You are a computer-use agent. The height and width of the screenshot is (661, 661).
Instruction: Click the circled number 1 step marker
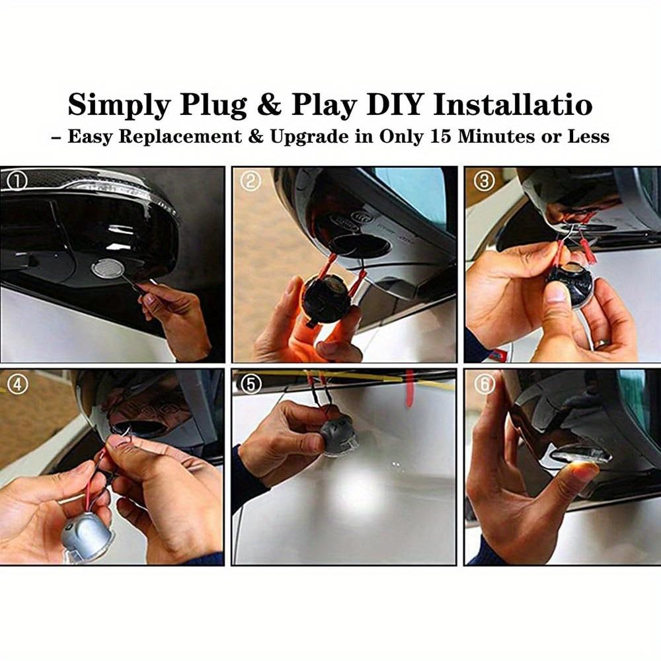coord(15,180)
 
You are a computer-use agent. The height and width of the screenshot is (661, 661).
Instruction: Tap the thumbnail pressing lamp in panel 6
coord(586,470)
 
